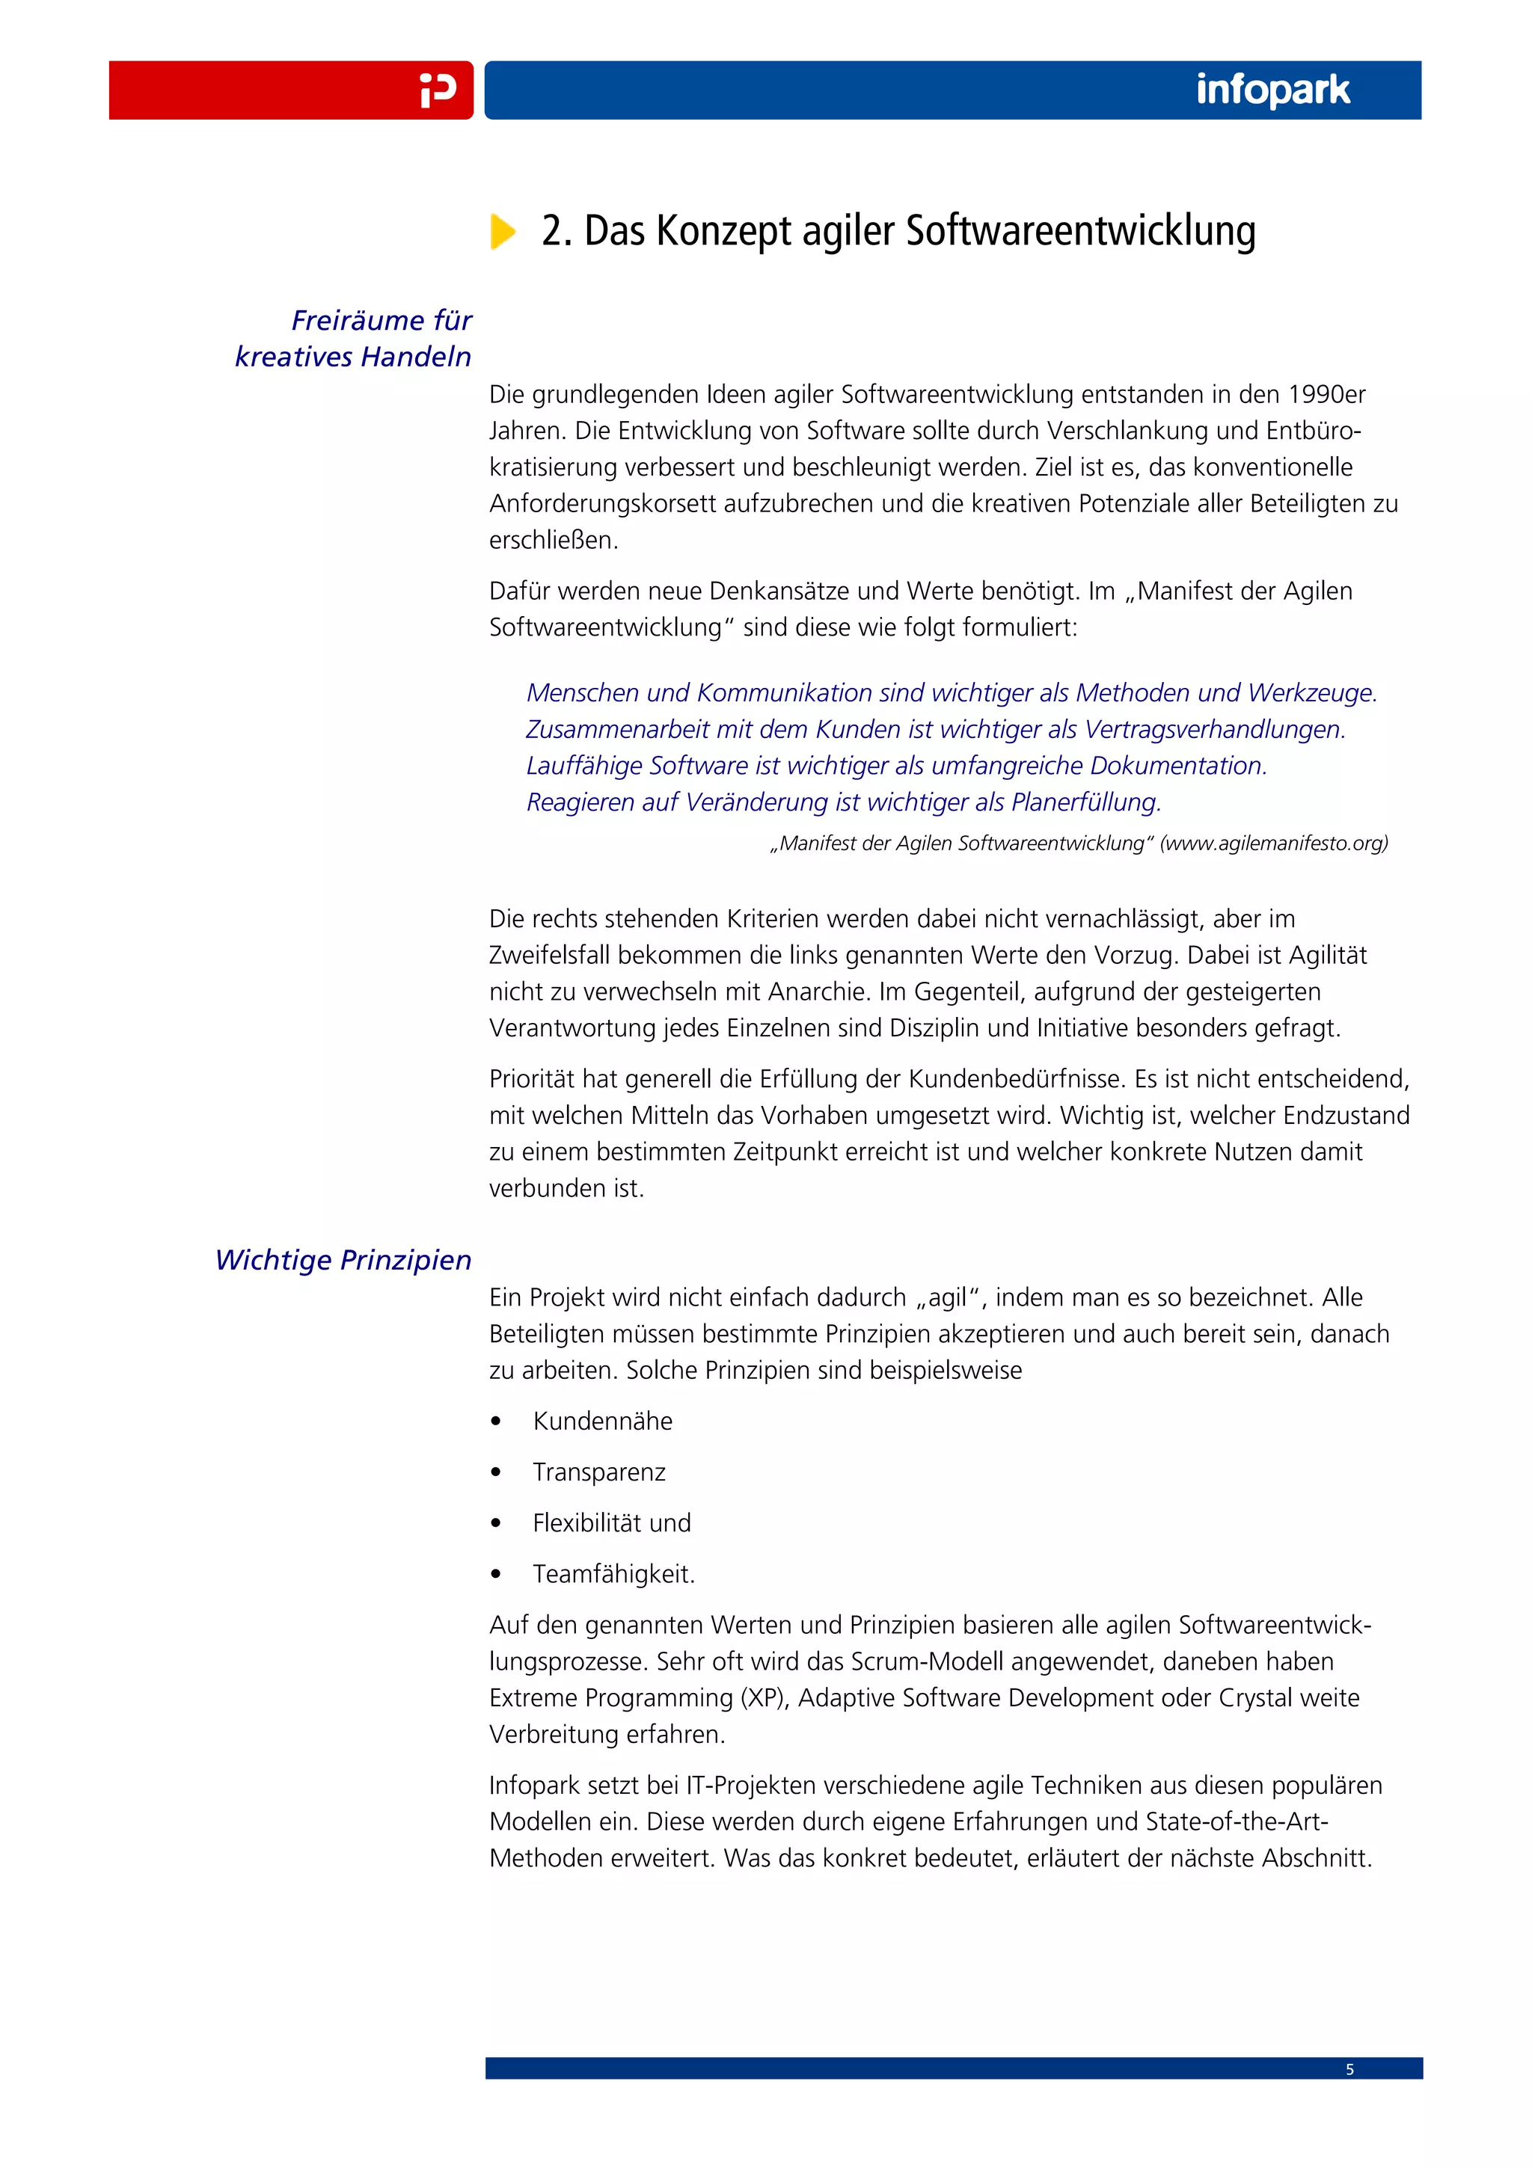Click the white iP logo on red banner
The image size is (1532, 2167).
[x=438, y=90]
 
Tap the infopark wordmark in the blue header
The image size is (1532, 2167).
[x=1272, y=90]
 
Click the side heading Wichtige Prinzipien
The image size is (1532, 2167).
[x=343, y=1260]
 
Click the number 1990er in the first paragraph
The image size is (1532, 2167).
[x=1326, y=395]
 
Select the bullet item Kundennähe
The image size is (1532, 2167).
[x=602, y=1421]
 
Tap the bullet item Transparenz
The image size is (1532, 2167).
[x=598, y=1472]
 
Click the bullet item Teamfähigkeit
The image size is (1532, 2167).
[x=613, y=1574]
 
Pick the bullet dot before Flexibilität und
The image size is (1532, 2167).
[x=495, y=1523]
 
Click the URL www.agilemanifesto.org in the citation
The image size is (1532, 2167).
[x=1273, y=843]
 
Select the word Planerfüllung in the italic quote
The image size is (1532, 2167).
[x=1085, y=802]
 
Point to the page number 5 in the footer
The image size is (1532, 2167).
[x=1349, y=2069]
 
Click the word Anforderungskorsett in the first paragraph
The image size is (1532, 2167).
[x=602, y=504]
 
